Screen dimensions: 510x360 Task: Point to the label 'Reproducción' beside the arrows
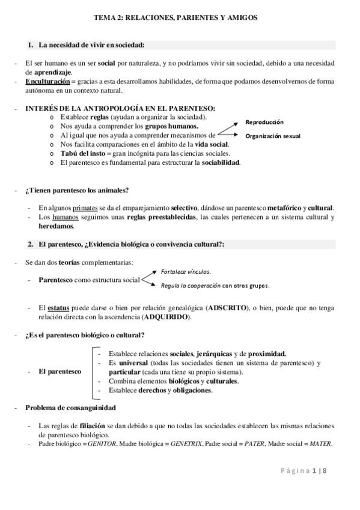coord(266,122)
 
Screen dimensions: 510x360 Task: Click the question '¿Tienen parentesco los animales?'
coord(77,191)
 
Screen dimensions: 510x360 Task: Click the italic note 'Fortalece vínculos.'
coord(186,271)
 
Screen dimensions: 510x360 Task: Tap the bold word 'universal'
coord(133,363)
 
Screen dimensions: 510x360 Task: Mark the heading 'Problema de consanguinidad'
coord(70,407)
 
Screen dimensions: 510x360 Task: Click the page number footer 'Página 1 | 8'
coord(305,470)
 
